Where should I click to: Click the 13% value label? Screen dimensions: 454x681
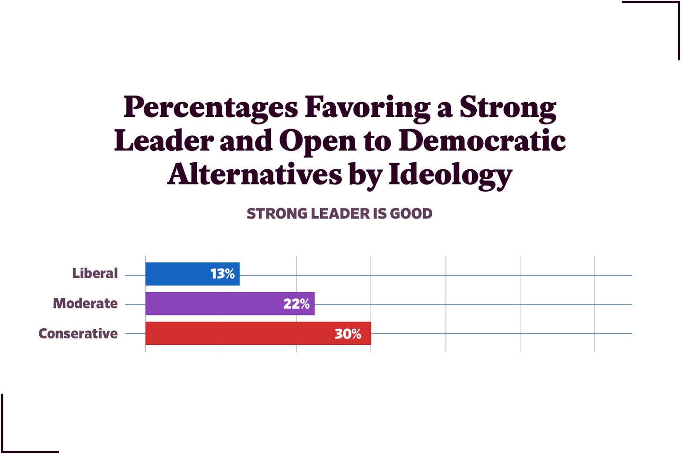[222, 274]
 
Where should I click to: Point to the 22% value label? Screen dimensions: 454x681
[296, 304]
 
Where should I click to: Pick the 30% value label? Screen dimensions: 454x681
[348, 334]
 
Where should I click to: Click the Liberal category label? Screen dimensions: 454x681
[95, 273]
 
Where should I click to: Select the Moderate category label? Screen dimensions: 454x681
[85, 303]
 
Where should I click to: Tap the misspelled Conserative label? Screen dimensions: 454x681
[78, 333]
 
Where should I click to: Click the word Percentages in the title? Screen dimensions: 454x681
[210, 108]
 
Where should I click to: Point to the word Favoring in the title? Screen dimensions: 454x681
[367, 108]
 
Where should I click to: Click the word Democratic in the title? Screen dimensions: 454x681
[482, 141]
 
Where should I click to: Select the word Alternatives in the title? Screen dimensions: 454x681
[254, 174]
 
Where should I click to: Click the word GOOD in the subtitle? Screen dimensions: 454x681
[411, 214]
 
